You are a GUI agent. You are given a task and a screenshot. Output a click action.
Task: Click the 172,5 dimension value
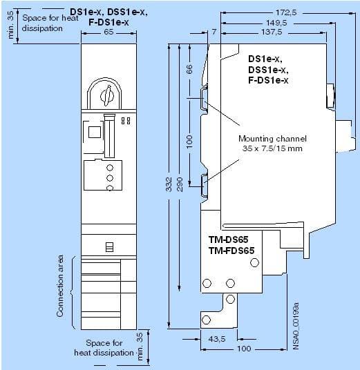click(x=286, y=12)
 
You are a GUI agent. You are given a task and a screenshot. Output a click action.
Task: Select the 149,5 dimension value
click(x=276, y=23)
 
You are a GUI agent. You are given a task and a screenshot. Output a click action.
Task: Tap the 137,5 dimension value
click(x=272, y=32)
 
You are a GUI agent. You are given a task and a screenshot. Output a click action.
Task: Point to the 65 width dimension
click(x=108, y=32)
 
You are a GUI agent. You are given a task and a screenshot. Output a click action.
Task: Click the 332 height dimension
click(x=169, y=184)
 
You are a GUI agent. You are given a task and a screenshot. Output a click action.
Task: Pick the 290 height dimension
click(x=180, y=184)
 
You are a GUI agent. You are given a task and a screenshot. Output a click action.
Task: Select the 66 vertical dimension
click(x=189, y=69)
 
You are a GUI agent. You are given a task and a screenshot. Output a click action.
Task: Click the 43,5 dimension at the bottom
click(x=217, y=339)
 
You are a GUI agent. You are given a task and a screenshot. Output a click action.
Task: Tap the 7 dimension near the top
click(x=214, y=32)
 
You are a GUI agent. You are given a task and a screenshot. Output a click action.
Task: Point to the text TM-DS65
click(x=228, y=240)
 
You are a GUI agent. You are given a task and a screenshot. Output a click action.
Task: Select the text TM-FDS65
click(x=231, y=251)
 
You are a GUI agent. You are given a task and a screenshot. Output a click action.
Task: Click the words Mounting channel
click(x=272, y=139)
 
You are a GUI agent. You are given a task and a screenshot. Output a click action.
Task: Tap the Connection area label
click(x=59, y=286)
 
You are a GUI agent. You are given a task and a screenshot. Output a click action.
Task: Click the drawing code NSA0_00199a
click(x=296, y=326)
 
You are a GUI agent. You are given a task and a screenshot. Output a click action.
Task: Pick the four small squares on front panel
click(x=126, y=121)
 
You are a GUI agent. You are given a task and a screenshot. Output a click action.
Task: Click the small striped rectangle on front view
click(x=109, y=247)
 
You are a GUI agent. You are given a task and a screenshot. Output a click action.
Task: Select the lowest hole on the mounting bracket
click(x=206, y=320)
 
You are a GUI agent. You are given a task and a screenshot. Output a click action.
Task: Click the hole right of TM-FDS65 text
click(x=254, y=262)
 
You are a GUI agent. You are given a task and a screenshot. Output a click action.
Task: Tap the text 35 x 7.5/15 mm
click(x=272, y=148)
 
